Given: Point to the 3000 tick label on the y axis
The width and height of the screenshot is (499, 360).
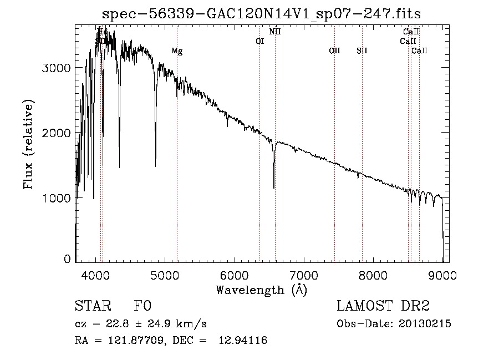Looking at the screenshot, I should [x=57, y=68].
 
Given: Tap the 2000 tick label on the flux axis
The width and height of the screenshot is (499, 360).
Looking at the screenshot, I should [x=57, y=133].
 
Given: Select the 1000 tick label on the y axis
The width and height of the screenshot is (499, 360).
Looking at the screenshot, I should [x=57, y=198].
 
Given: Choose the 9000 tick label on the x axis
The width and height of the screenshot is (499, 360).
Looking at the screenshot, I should [x=442, y=275].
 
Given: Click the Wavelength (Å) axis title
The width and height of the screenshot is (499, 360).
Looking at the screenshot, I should [x=261, y=289].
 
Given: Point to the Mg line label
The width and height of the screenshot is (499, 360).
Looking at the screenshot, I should [x=177, y=52].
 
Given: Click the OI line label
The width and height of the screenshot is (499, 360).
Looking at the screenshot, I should [x=259, y=41].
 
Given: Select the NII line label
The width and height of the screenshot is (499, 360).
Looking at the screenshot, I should [x=275, y=32].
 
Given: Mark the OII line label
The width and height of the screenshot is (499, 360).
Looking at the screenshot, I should [x=334, y=51].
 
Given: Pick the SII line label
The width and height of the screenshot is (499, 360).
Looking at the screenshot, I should [x=362, y=51].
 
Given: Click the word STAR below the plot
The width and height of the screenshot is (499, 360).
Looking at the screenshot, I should [x=93, y=306].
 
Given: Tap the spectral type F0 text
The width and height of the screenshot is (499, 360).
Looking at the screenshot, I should [x=142, y=306].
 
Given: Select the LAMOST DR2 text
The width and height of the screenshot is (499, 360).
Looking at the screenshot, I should [x=383, y=306].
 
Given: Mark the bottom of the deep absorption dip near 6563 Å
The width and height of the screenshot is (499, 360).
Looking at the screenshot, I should [x=274, y=187].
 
